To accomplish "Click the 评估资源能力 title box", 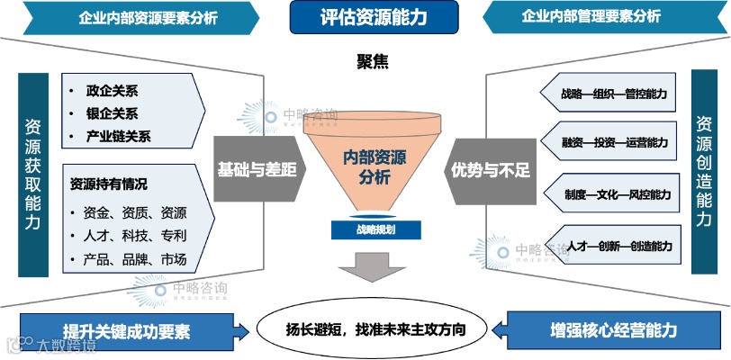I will pyautogui.click(x=374, y=16).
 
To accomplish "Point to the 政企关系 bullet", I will pyautogui.click(x=112, y=91).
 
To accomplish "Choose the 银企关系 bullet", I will pyautogui.click(x=112, y=113).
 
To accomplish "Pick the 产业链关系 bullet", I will pyautogui.click(x=118, y=137).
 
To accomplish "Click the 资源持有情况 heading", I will pyautogui.click(x=108, y=184).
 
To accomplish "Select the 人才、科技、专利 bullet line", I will pyautogui.click(x=135, y=237).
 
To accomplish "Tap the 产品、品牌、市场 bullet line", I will pyautogui.click(x=135, y=260).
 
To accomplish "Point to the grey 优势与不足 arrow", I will pyautogui.click(x=490, y=169).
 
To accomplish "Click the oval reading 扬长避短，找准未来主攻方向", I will pyautogui.click(x=373, y=328).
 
